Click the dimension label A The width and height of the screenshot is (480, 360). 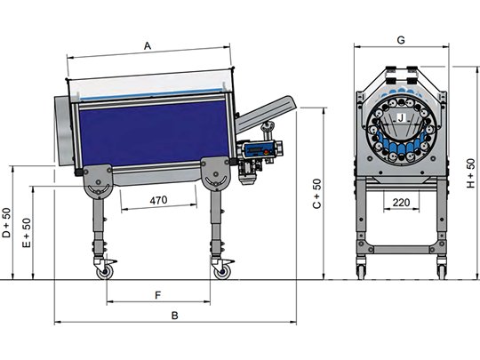[148, 46]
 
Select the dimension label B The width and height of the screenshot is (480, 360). [174, 316]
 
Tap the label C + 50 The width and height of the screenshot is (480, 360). [317, 194]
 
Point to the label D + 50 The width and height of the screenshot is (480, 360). [6, 222]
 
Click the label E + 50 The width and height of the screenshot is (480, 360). [27, 233]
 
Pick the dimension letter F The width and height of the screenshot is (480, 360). [157, 295]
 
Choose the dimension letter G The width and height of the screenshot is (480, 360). [401, 40]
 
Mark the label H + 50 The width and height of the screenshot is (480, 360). [470, 173]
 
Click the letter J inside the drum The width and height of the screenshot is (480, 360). [402, 118]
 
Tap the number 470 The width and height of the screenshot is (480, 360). [158, 200]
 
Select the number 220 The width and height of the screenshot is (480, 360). [401, 203]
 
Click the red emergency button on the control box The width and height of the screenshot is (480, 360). [266, 151]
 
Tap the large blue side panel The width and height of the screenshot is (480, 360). [153, 132]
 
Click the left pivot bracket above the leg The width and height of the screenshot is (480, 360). [98, 181]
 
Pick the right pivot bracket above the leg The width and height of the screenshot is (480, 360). [215, 173]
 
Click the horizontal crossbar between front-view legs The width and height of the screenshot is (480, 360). [401, 250]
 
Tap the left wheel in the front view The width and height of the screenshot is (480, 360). [361, 271]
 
